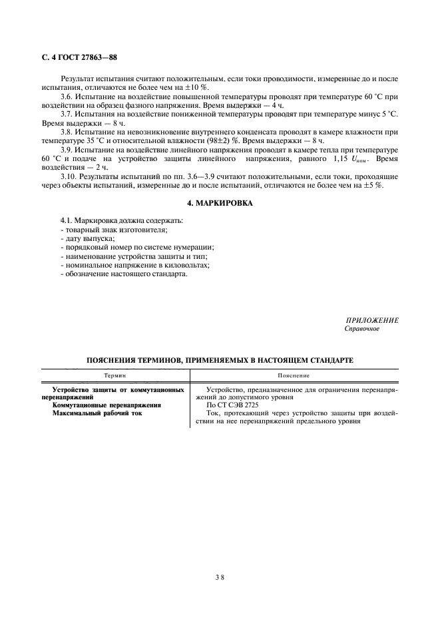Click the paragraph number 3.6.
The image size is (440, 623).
(67, 97)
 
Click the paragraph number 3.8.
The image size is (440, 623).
(67, 133)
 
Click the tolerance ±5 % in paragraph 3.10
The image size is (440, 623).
(374, 186)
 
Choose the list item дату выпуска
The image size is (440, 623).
(87, 238)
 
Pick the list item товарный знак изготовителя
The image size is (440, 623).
(114, 229)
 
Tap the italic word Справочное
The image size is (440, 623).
(361, 329)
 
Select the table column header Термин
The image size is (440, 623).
(115, 376)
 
